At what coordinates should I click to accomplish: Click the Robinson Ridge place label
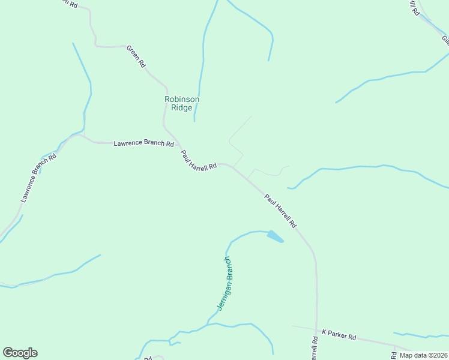click(x=182, y=103)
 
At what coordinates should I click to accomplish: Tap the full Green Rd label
click(x=136, y=55)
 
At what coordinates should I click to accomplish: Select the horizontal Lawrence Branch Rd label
click(x=144, y=144)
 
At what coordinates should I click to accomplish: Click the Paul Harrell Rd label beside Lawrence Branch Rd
click(x=198, y=160)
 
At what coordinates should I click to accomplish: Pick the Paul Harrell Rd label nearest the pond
click(x=280, y=210)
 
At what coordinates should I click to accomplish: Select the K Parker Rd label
click(x=339, y=335)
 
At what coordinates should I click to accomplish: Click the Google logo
click(x=20, y=353)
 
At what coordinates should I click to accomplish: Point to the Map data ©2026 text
click(x=423, y=355)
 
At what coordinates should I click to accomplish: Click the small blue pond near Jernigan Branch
click(x=274, y=236)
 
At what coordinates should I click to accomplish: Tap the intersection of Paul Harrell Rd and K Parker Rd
click(x=316, y=329)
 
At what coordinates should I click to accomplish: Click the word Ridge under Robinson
click(x=182, y=108)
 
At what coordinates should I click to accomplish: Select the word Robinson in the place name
click(x=182, y=99)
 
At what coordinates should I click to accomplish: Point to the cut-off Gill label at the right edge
click(x=445, y=40)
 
